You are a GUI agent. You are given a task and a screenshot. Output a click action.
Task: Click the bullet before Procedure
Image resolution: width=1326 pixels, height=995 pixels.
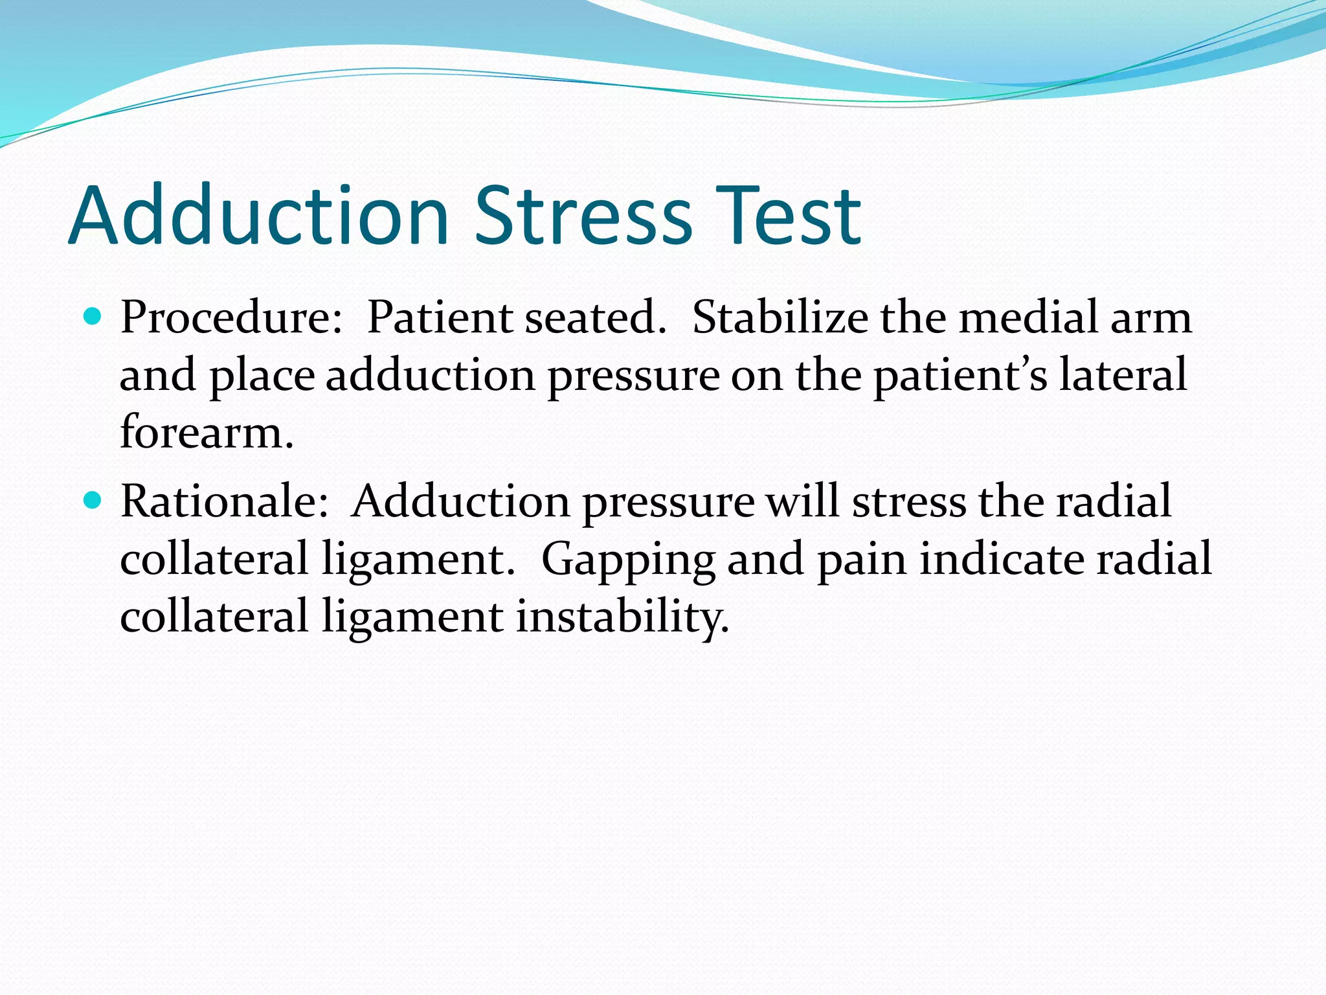94,317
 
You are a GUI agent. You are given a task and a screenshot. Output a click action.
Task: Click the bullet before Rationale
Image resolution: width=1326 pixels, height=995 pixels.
94,501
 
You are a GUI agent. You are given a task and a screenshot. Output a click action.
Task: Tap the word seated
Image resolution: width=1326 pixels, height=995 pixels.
596,318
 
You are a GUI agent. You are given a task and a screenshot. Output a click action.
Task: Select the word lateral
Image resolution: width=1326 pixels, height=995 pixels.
1123,375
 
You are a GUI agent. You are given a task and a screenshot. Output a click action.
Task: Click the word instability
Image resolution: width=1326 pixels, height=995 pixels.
622,616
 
